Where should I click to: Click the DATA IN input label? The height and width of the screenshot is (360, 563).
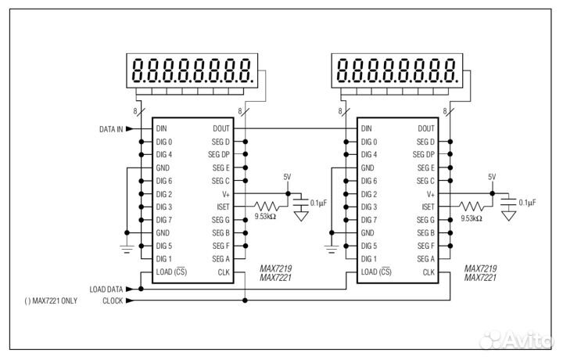coord(110,129)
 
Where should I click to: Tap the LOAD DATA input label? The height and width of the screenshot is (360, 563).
coord(106,289)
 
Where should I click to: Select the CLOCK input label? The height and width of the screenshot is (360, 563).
coord(113,301)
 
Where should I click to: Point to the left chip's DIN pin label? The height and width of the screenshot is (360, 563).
coord(161,128)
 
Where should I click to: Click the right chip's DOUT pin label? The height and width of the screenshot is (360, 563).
coord(427,128)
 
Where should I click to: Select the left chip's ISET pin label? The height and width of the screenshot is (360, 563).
coord(223,207)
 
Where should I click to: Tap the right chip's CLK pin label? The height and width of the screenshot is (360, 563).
coord(429,272)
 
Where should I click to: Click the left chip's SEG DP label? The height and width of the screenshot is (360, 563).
coord(220,155)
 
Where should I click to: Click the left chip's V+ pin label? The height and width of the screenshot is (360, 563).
coord(225,194)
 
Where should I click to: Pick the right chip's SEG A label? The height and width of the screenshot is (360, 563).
coord(425,258)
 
